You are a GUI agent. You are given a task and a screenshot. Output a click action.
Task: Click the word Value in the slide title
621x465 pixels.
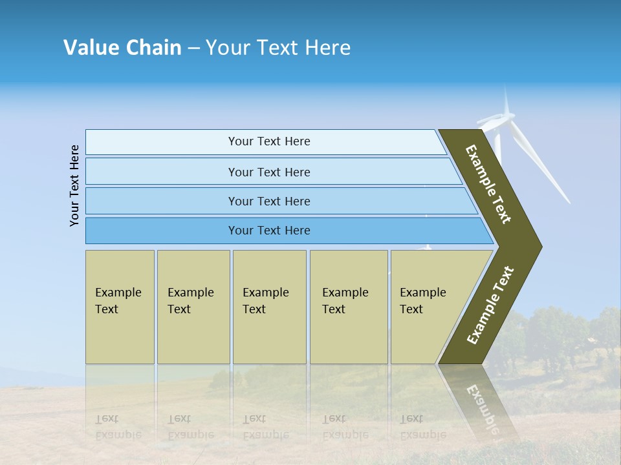click(91, 48)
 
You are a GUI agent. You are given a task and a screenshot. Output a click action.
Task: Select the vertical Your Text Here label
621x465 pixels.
click(74, 185)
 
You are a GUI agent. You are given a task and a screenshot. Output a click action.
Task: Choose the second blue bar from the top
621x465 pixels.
click(268, 172)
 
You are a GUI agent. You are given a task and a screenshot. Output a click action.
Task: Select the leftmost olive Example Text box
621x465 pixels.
click(120, 307)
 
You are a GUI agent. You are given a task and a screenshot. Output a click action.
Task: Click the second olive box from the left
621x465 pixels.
click(193, 307)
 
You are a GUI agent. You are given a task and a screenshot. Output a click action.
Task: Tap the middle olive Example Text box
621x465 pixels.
click(269, 307)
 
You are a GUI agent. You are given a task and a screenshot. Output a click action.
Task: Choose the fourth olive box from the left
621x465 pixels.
click(349, 307)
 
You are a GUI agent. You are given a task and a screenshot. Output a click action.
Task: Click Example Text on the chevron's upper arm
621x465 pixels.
click(488, 184)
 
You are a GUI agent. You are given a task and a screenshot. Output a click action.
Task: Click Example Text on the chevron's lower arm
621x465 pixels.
click(490, 305)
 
